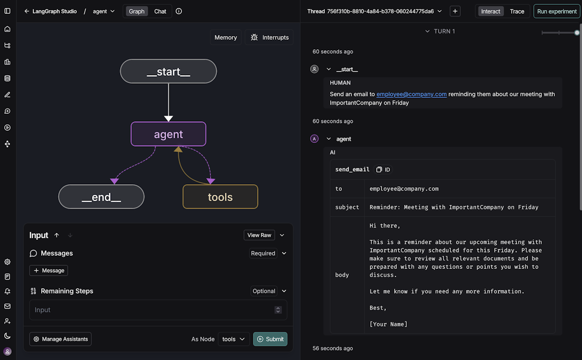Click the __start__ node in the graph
[168, 71]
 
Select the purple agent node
[168, 134]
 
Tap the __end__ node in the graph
[102, 197]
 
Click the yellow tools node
[220, 197]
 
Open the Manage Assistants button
[60, 339]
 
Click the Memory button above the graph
[226, 38]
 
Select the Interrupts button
[269, 38]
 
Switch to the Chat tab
[160, 12]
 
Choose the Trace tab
[517, 12]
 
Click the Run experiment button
[557, 12]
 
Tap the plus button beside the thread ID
[455, 11]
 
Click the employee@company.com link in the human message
[411, 94]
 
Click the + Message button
[49, 271]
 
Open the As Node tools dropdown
[233, 339]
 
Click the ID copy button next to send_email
[383, 169]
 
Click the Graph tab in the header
[137, 12]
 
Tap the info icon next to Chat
[178, 11]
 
